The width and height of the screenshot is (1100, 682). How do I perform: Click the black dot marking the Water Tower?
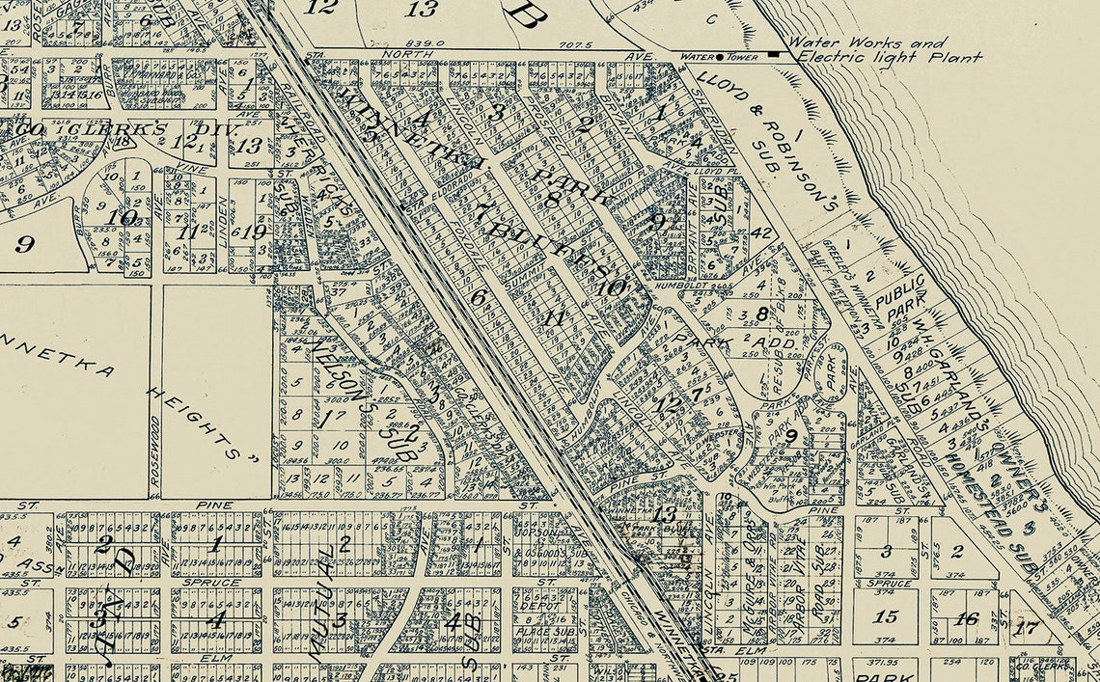coord(720,57)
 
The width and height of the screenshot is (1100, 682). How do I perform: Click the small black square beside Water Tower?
coord(775,55)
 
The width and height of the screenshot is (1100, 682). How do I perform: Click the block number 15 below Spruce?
coord(885,616)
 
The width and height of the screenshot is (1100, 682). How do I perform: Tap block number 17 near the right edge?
coord(1029,627)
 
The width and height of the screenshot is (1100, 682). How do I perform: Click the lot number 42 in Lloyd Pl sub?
coord(761,232)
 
